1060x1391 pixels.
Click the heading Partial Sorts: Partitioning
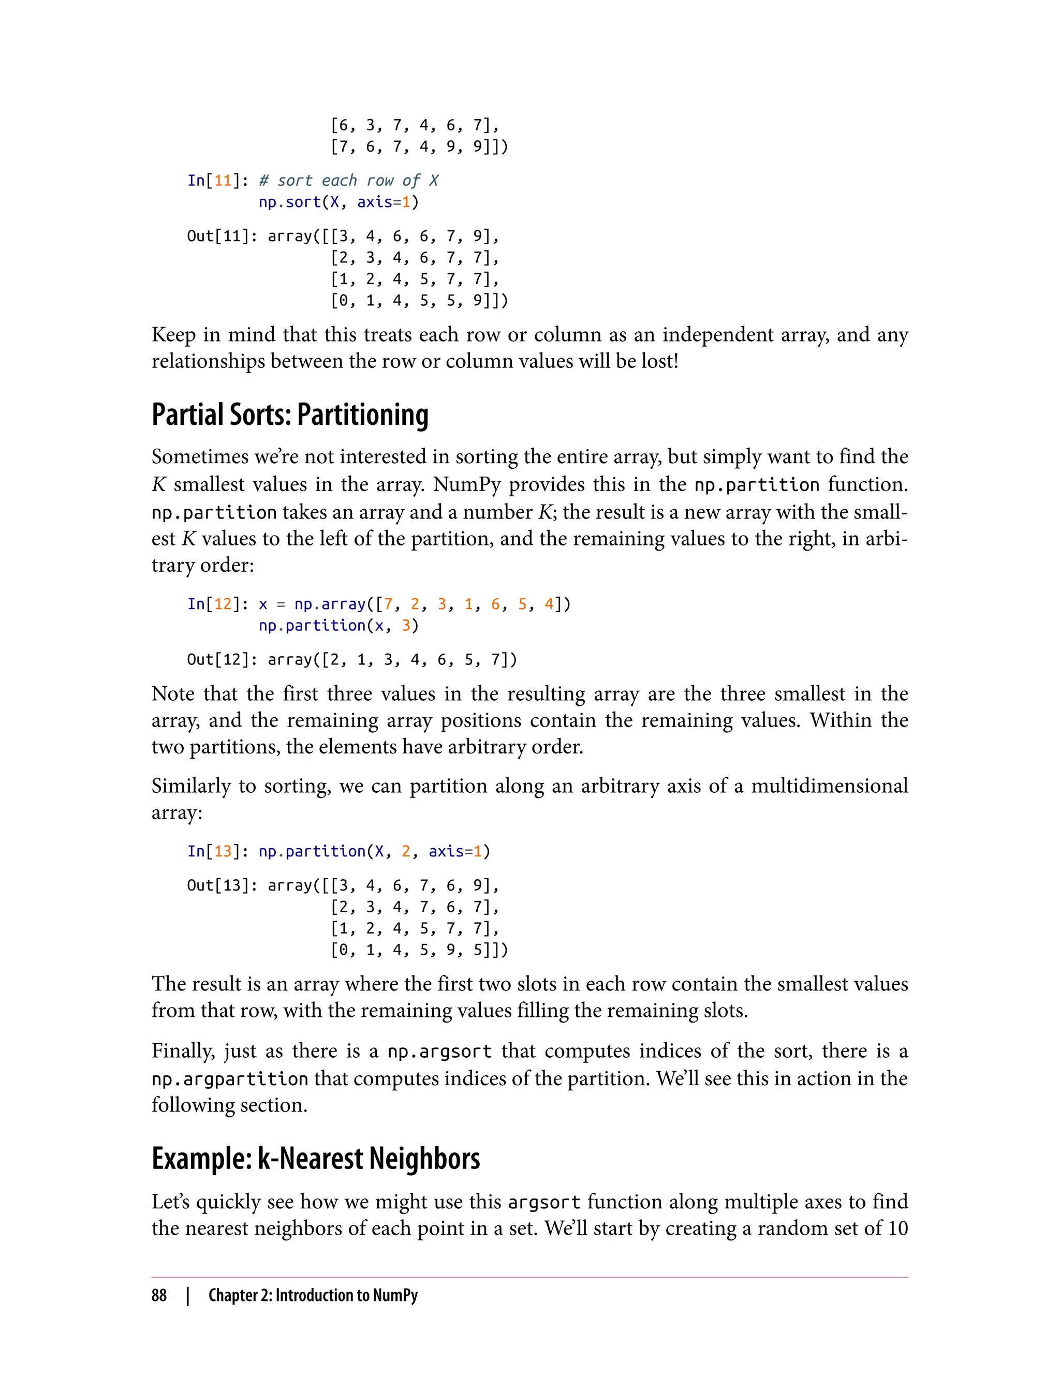(x=290, y=415)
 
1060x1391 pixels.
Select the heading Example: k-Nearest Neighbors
(x=316, y=1159)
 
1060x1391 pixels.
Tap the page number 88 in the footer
(x=159, y=1295)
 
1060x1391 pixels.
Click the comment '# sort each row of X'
(x=348, y=181)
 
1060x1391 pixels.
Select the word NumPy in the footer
(x=395, y=1295)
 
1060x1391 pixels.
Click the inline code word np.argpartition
(x=230, y=1079)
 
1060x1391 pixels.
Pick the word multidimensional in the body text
(x=829, y=786)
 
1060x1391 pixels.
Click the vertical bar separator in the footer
(x=188, y=1296)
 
